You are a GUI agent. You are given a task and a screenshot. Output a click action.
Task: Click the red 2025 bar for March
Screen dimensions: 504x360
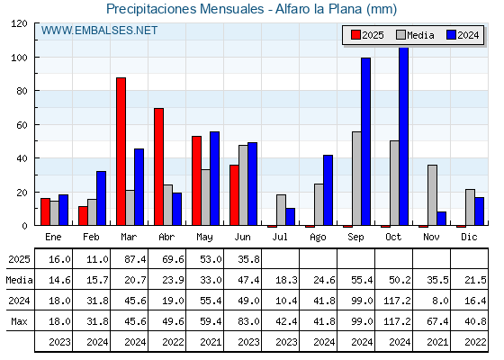pos(121,151)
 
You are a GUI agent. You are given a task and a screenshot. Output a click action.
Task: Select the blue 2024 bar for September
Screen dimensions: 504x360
pos(365,141)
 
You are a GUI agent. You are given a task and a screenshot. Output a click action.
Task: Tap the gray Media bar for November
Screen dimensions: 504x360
pos(432,195)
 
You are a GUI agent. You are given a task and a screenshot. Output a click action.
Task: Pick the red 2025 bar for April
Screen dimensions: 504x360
pos(158,166)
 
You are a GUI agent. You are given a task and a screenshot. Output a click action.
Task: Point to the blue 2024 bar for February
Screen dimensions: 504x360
pos(101,198)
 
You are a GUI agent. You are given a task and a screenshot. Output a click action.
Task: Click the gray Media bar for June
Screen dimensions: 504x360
pos(243,185)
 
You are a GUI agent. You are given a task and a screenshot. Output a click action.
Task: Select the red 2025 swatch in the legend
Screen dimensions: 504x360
pos(355,35)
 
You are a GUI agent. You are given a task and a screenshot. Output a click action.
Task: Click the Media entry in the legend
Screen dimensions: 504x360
pos(415,35)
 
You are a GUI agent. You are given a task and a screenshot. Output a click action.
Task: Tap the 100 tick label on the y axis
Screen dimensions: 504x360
pos(19,58)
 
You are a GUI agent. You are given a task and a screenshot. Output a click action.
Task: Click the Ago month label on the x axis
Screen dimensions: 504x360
pos(318,238)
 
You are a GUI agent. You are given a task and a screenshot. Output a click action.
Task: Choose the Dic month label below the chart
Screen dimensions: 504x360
pos(469,237)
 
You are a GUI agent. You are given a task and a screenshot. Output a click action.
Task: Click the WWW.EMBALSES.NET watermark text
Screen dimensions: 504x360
pos(99,31)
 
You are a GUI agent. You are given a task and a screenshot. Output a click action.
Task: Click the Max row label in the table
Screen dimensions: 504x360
pos(19,321)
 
